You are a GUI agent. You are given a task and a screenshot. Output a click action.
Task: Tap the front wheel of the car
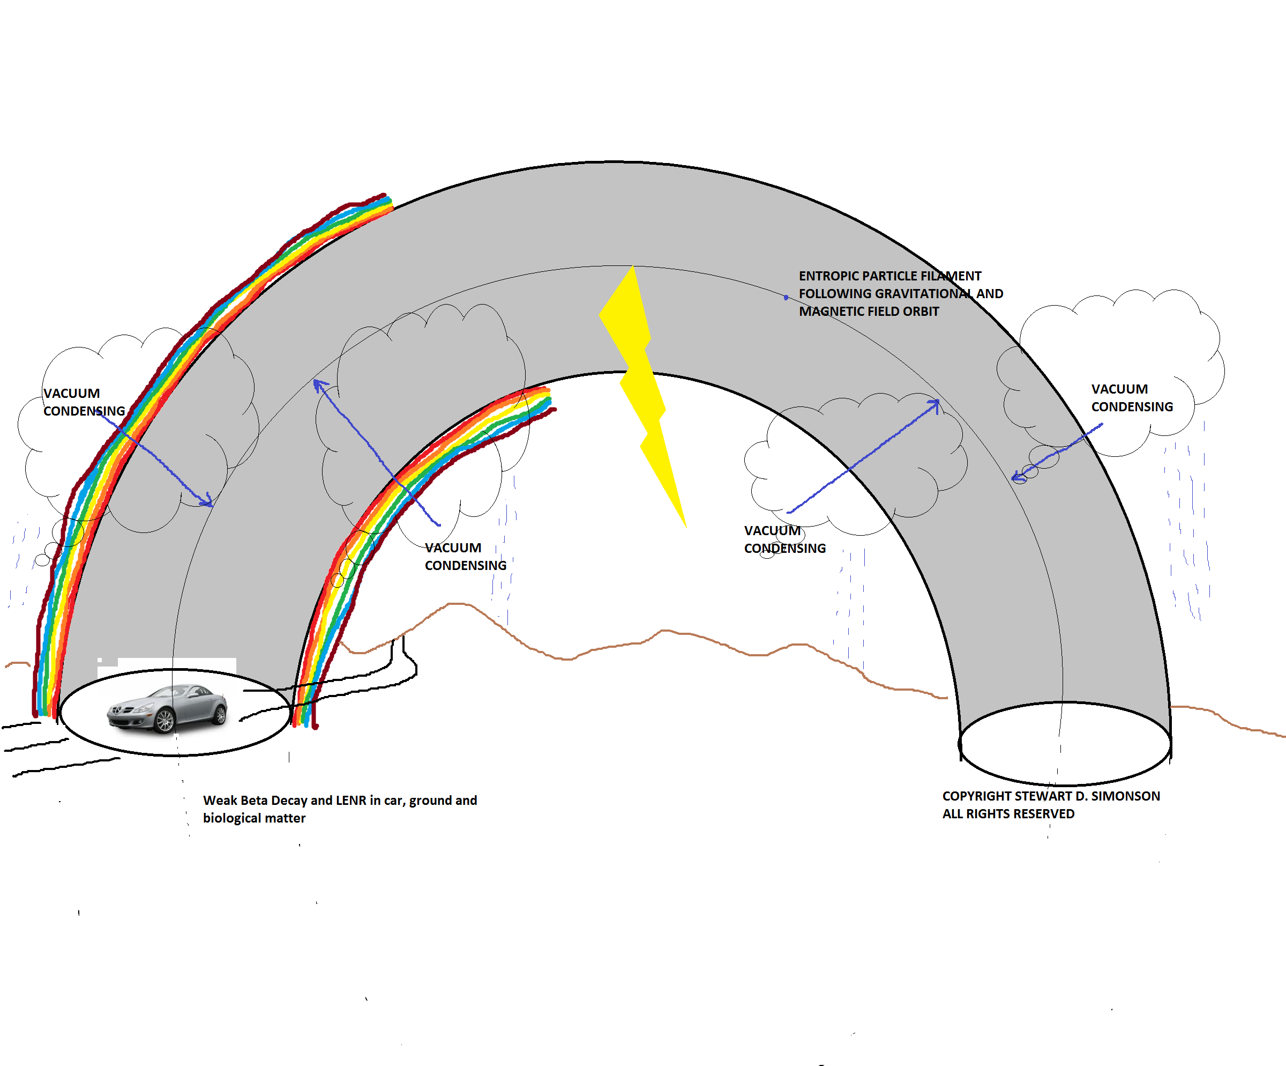(x=165, y=721)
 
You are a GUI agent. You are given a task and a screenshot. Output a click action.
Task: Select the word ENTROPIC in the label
(x=828, y=276)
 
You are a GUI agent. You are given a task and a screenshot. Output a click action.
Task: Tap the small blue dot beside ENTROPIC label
(x=786, y=298)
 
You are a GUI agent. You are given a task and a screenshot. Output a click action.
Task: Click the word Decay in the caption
(x=289, y=801)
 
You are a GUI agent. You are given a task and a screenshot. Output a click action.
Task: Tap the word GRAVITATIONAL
(x=929, y=294)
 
